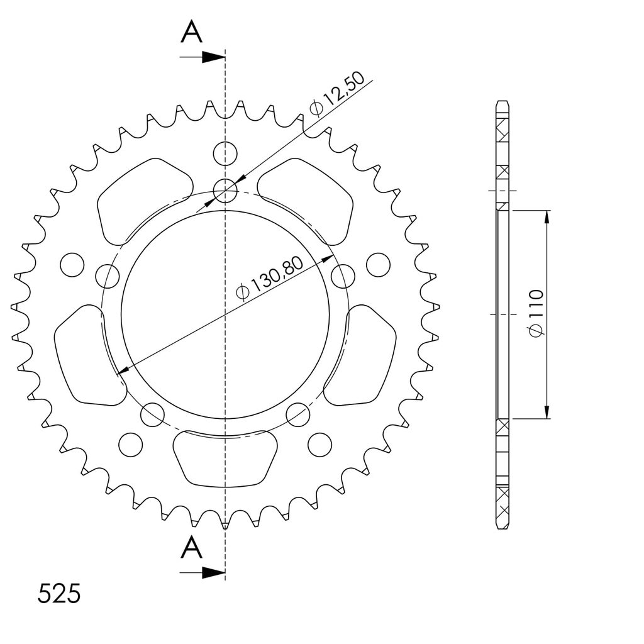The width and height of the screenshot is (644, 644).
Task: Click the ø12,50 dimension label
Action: [337, 94]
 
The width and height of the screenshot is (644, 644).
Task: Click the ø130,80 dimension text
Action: [270, 279]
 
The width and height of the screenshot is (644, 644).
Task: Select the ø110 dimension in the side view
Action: [536, 313]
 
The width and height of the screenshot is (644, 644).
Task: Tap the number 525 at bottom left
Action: [58, 594]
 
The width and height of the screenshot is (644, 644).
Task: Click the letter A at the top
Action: [191, 32]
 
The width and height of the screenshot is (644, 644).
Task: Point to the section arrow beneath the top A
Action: [203, 57]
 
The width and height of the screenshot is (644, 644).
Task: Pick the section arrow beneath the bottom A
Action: [203, 572]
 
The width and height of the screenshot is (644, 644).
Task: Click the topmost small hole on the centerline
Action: [225, 153]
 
